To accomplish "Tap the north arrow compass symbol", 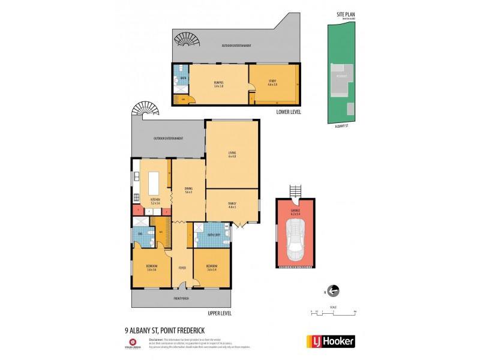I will pyautogui.click(x=334, y=292).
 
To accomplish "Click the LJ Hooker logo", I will pyautogui.click(x=331, y=341).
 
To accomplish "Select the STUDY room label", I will pyautogui.click(x=272, y=82).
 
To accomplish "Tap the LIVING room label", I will pyautogui.click(x=232, y=154).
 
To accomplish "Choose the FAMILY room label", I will pyautogui.click(x=232, y=205).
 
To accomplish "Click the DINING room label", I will pyautogui.click(x=188, y=190).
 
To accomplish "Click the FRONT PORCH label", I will pyautogui.click(x=181, y=298).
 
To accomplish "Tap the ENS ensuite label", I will pyautogui.click(x=140, y=233).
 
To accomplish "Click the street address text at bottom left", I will pyautogui.click(x=161, y=329).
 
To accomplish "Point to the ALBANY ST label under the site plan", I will pyautogui.click(x=341, y=127).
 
